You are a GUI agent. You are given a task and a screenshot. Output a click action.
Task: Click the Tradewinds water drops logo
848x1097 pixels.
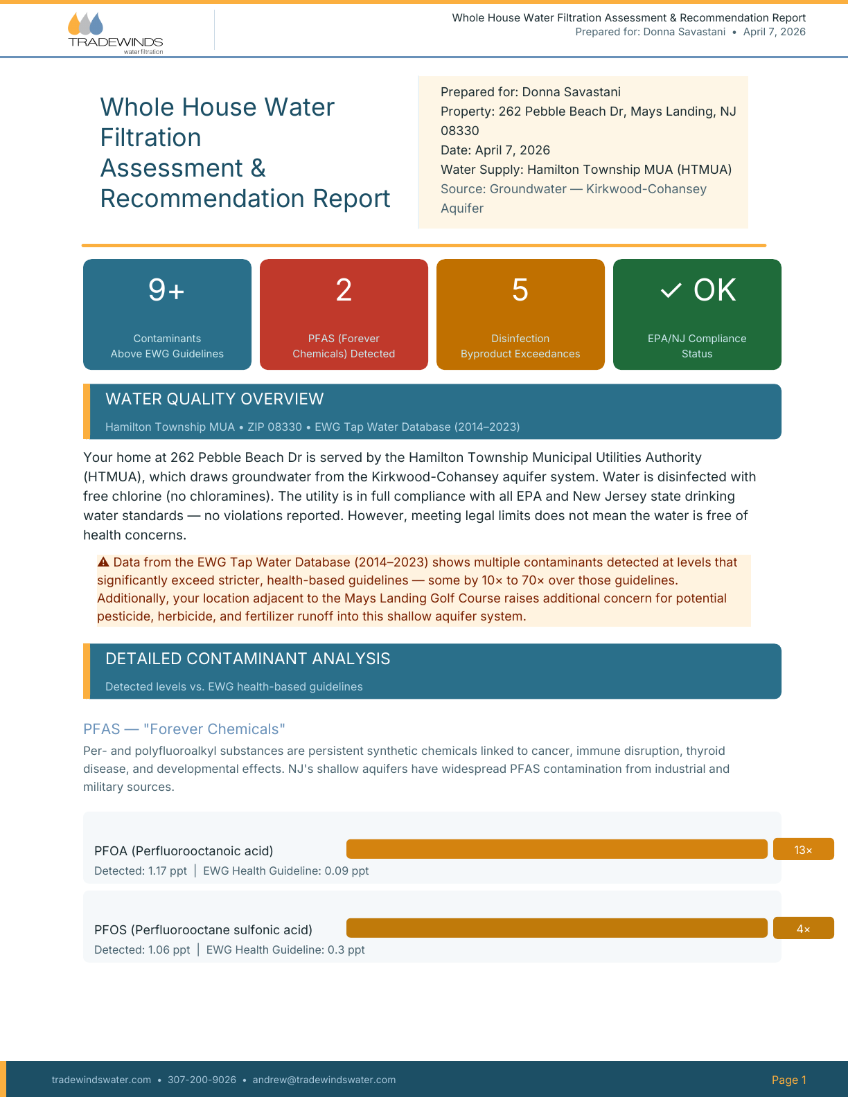pyautogui.click(x=85, y=24)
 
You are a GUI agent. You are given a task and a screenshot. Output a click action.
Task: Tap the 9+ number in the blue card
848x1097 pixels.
pyautogui.click(x=166, y=289)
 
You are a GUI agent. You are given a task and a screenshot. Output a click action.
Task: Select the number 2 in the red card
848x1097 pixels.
pyautogui.click(x=344, y=289)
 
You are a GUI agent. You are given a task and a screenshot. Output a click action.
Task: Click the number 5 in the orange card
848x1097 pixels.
pyautogui.click(x=520, y=289)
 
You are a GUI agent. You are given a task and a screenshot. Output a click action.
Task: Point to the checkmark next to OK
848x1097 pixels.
pyautogui.click(x=671, y=290)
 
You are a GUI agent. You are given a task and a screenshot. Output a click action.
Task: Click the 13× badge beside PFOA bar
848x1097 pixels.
pyautogui.click(x=803, y=850)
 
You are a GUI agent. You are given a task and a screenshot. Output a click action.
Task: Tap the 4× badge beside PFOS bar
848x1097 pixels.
pyautogui.click(x=803, y=929)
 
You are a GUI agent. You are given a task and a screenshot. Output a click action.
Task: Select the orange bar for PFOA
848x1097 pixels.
pyautogui.click(x=556, y=849)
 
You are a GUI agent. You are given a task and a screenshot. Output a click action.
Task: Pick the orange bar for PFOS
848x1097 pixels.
pyautogui.click(x=556, y=928)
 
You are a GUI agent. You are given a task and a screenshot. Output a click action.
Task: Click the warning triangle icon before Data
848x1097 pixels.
pyautogui.click(x=103, y=562)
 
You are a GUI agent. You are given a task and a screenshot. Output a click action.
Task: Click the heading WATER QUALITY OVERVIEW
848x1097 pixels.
pyautogui.click(x=214, y=399)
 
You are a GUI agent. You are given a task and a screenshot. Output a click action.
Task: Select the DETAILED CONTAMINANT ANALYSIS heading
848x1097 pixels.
pyautogui.click(x=247, y=659)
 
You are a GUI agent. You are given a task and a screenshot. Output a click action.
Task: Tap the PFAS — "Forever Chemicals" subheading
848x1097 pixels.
pyautogui.click(x=184, y=729)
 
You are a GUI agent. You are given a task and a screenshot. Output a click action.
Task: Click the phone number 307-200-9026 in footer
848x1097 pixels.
pyautogui.click(x=202, y=1080)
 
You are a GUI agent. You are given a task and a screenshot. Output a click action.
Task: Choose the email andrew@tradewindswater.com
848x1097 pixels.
pyautogui.click(x=324, y=1080)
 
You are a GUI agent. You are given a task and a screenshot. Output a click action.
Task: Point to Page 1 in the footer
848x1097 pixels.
pyautogui.click(x=788, y=1080)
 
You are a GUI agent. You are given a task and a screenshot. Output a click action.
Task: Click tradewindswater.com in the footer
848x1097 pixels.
pyautogui.click(x=101, y=1080)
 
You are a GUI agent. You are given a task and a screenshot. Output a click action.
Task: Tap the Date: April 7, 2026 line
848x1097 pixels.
pyautogui.click(x=495, y=150)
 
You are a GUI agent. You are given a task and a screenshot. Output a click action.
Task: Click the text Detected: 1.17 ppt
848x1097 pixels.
pyautogui.click(x=140, y=871)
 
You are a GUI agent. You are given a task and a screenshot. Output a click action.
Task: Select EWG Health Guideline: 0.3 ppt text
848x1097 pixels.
pyautogui.click(x=285, y=949)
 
